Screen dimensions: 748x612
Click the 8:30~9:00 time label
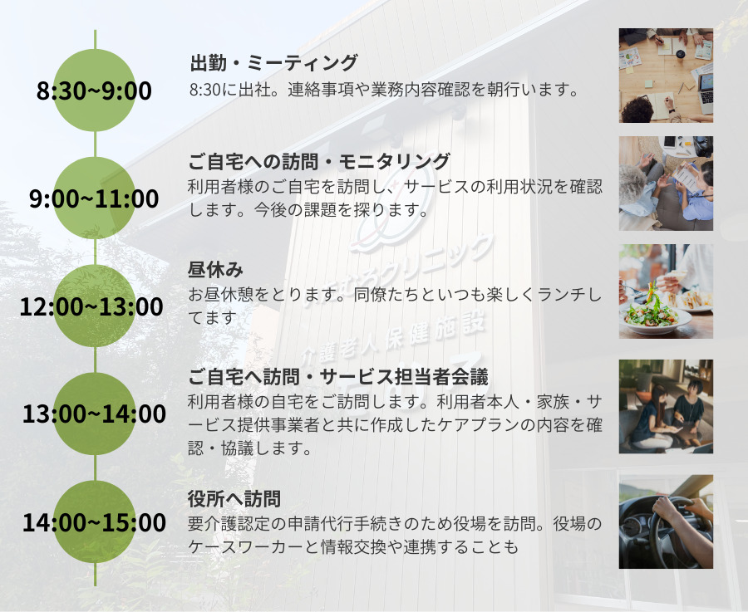(x=94, y=91)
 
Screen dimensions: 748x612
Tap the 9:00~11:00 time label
(x=94, y=198)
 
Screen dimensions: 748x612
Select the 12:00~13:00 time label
(x=91, y=306)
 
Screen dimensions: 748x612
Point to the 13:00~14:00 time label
(x=95, y=414)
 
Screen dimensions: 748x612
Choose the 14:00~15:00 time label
(x=95, y=522)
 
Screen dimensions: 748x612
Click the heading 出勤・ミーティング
(x=273, y=62)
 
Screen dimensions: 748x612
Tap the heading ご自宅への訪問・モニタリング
(x=318, y=162)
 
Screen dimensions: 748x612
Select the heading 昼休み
(x=215, y=270)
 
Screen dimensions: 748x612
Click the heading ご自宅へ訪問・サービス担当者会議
(x=337, y=377)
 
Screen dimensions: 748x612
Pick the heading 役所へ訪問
(x=234, y=498)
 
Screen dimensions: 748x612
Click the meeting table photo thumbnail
(x=666, y=76)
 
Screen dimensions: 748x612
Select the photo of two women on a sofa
(x=666, y=407)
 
